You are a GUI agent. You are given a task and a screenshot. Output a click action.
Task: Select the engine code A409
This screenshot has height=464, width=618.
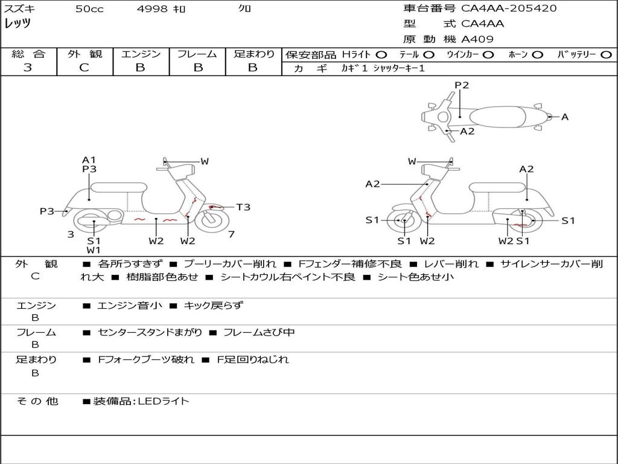coord(477,39)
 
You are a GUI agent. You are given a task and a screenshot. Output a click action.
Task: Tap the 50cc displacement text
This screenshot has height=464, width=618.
coord(89,9)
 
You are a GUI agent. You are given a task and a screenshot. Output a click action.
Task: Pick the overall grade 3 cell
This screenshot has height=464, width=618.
coord(28,68)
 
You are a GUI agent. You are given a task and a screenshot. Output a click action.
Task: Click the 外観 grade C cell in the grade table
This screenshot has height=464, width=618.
coord(84,68)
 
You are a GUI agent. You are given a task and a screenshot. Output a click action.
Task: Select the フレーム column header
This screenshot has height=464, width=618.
coord(197,54)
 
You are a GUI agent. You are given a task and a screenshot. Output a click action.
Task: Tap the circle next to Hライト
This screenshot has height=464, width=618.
coord(381,54)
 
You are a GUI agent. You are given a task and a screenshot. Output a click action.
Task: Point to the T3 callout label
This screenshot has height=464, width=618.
coord(243,207)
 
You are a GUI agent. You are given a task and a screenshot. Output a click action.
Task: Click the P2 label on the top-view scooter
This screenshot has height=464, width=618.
coord(462,85)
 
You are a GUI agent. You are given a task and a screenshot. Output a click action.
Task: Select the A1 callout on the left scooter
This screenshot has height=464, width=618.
coord(89,160)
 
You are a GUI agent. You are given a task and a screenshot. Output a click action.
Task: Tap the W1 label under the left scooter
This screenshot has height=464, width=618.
coord(94,250)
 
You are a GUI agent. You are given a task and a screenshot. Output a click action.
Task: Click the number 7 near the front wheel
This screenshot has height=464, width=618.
coord(232,234)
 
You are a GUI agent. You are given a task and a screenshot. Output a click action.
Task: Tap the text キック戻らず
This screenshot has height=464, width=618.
coord(213,306)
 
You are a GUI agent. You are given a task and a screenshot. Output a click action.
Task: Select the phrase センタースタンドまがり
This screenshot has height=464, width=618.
coord(149,332)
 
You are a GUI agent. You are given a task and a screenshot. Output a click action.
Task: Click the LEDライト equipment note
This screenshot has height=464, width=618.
coord(164,401)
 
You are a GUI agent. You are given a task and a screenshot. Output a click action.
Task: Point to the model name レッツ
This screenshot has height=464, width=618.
coord(18,24)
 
